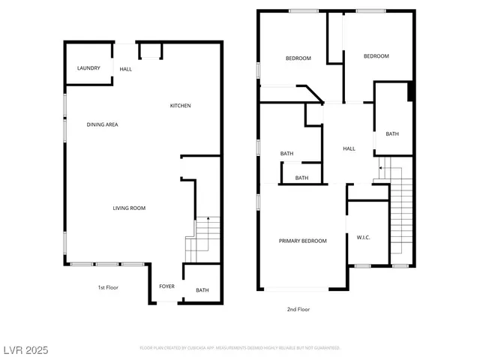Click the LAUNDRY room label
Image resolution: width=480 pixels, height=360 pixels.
click(88, 68)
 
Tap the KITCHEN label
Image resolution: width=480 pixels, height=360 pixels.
click(180, 106)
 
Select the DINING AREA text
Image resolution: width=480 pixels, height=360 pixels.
click(102, 124)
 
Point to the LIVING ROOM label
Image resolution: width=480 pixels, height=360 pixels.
click(129, 208)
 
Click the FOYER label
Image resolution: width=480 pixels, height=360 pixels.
click(166, 286)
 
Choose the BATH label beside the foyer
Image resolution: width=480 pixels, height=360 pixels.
click(202, 290)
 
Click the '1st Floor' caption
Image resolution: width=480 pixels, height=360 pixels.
click(108, 287)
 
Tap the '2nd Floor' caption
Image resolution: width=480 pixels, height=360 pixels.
click(298, 309)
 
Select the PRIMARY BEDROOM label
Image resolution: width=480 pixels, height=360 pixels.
click(303, 241)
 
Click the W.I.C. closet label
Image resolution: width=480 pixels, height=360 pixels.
click(363, 238)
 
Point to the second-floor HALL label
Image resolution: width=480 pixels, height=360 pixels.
click(349, 148)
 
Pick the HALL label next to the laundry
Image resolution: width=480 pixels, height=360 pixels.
click(126, 69)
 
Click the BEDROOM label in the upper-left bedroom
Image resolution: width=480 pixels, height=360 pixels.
click(298, 58)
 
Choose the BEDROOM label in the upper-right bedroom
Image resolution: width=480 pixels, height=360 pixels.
click(376, 56)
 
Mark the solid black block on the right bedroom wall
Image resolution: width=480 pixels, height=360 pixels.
click(410, 91)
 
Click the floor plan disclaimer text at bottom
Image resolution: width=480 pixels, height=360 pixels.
click(240, 348)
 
